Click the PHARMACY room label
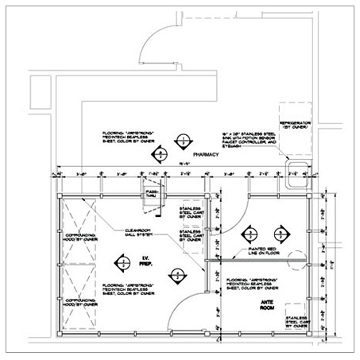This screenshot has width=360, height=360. click(206, 157)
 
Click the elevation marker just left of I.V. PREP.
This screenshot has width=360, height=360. click(124, 261)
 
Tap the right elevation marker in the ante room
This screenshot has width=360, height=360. click(280, 234)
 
